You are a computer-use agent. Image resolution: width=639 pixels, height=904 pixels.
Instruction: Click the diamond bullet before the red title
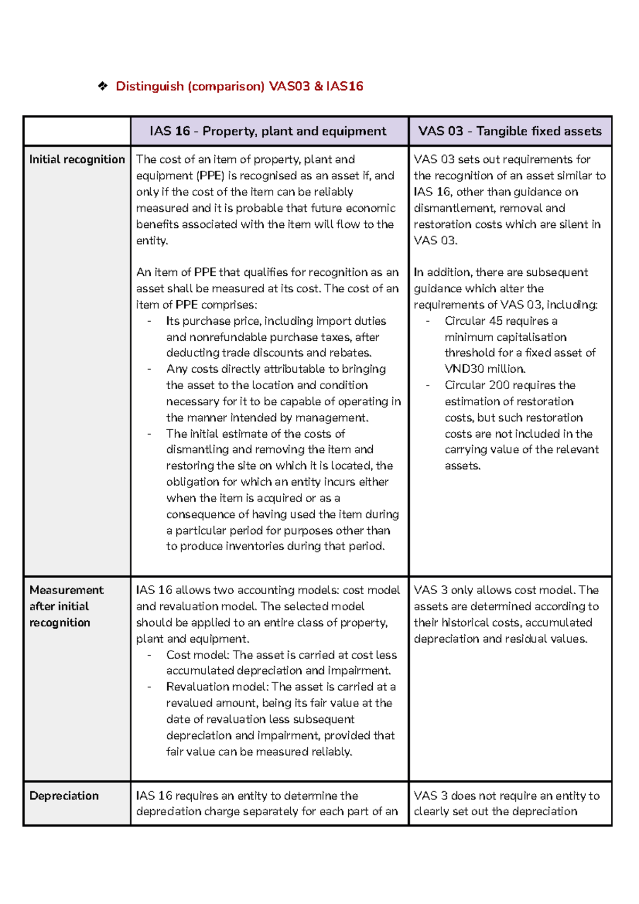click(x=103, y=86)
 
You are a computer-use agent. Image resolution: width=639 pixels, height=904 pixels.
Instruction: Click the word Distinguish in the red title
click(x=150, y=86)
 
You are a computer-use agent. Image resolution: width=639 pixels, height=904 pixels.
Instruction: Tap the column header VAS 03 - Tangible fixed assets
click(x=510, y=131)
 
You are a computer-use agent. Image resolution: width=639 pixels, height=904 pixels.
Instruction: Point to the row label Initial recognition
click(x=77, y=159)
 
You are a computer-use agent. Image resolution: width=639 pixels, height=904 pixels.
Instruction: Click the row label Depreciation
click(x=64, y=795)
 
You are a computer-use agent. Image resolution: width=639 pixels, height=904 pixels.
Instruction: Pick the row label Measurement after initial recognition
click(x=67, y=606)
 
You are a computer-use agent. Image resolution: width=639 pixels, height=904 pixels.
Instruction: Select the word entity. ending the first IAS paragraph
click(x=152, y=241)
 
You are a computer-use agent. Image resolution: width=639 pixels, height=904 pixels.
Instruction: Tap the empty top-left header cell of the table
click(x=77, y=131)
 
